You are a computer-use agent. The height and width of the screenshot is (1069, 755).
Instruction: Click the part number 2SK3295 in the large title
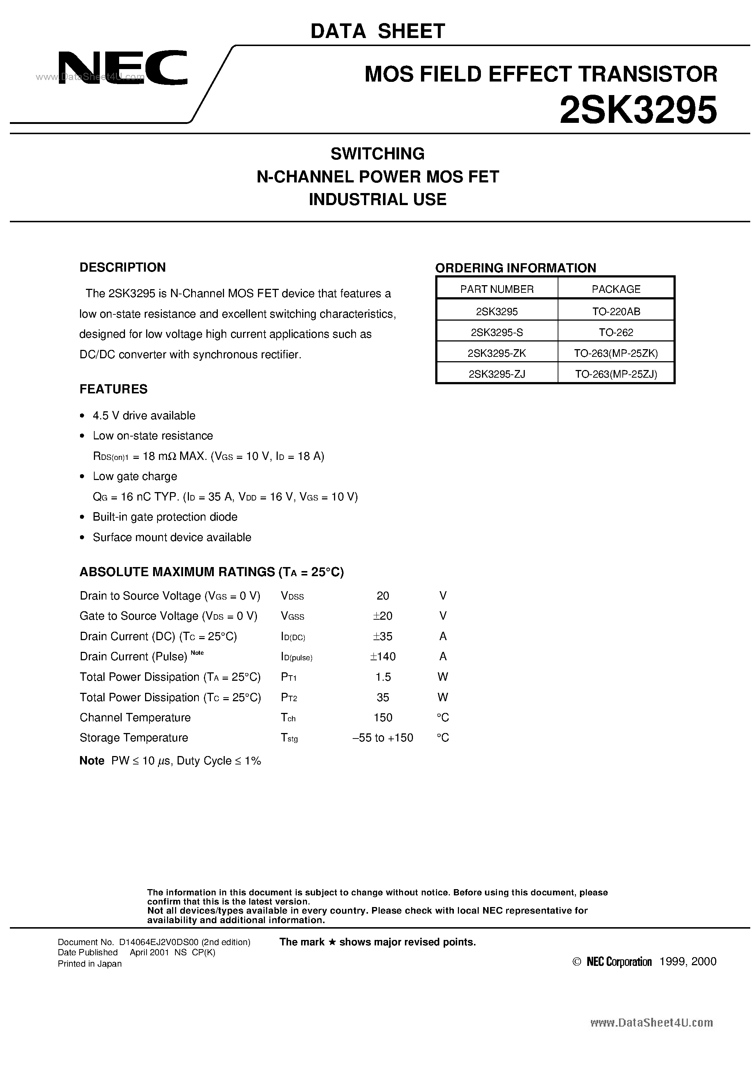tap(638, 110)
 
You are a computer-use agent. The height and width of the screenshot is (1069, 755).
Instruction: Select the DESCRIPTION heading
tap(122, 267)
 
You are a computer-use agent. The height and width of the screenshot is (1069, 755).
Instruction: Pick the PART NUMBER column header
tap(497, 289)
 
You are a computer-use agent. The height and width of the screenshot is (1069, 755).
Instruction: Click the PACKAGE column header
tap(616, 289)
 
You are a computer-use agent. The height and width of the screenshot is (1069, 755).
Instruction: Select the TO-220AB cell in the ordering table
tap(616, 311)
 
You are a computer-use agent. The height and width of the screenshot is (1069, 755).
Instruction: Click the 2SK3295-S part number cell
tap(497, 332)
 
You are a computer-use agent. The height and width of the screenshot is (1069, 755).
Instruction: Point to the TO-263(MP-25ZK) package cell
tap(616, 354)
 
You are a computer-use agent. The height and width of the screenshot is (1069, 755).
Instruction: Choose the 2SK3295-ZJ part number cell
tap(497, 374)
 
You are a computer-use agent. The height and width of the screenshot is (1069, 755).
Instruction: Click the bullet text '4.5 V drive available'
tap(144, 415)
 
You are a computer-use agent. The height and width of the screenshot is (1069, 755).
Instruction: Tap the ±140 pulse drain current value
tap(383, 657)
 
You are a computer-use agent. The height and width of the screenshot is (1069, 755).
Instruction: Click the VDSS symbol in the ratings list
tap(292, 596)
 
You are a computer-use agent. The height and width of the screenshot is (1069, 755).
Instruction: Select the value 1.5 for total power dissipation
tap(383, 677)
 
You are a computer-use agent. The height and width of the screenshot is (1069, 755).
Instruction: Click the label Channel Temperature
tap(135, 717)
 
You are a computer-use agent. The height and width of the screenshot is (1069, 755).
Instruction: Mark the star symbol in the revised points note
tap(332, 943)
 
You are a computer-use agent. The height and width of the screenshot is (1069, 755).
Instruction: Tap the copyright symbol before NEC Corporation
tap(576, 962)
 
